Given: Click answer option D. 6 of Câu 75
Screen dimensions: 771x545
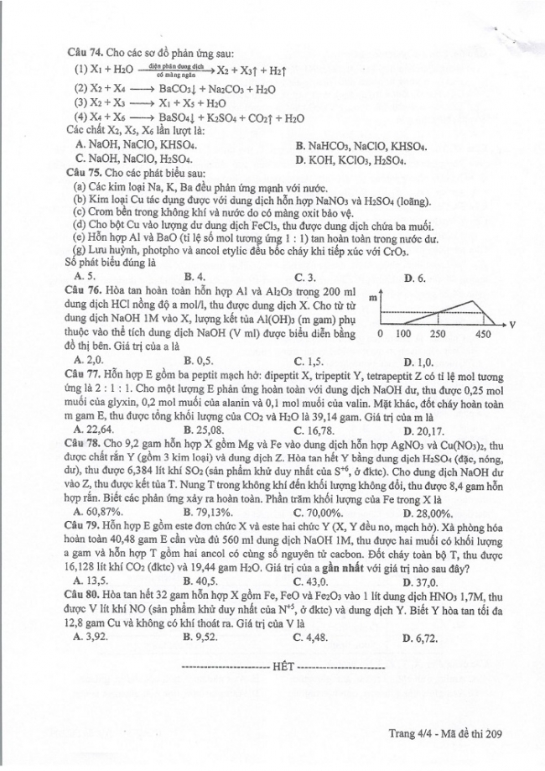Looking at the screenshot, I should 414,276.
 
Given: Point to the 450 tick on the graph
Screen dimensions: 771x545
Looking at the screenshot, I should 483,335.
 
